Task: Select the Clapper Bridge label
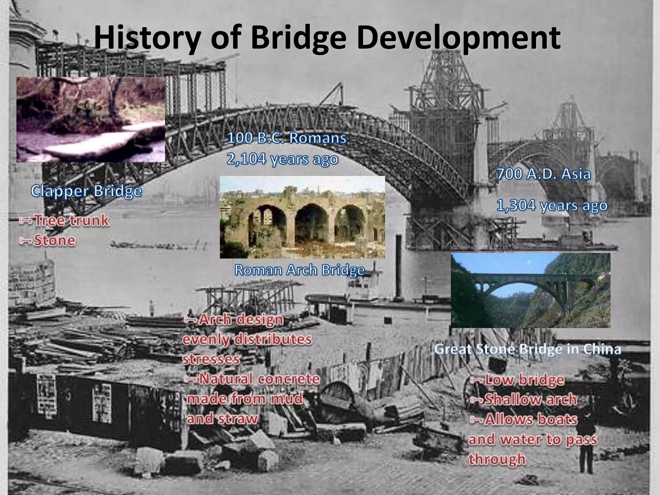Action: (x=86, y=191)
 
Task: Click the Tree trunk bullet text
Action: (x=71, y=221)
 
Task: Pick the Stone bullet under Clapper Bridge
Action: (x=54, y=240)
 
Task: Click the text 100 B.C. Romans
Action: (x=286, y=138)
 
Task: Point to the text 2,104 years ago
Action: (x=282, y=159)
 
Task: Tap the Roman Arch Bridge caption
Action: (x=299, y=270)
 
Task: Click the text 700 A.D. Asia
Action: (x=543, y=174)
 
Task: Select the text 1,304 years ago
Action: (x=551, y=205)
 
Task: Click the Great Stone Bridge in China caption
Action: (x=528, y=349)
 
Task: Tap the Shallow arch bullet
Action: (x=530, y=400)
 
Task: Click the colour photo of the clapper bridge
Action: (x=91, y=120)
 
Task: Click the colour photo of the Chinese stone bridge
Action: (x=530, y=290)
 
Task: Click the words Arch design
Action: (x=241, y=320)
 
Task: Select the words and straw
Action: (x=222, y=419)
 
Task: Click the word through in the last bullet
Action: (x=497, y=459)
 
